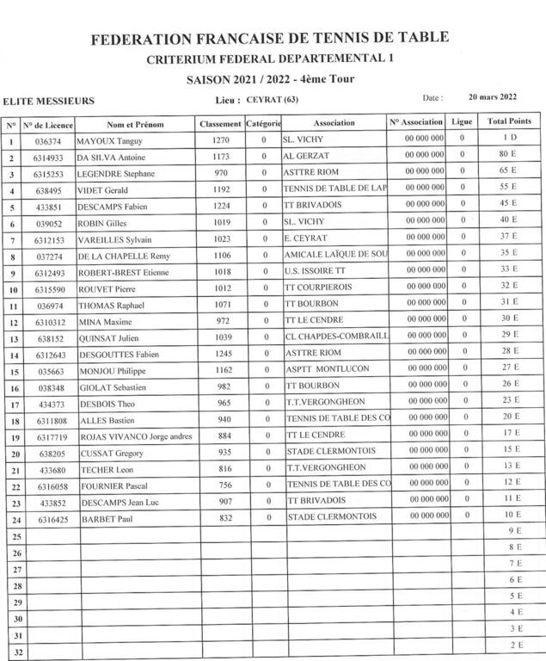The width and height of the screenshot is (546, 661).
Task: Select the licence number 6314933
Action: tap(49, 158)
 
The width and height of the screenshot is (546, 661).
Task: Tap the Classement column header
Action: tap(220, 124)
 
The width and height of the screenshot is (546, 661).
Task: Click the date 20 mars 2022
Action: tap(493, 97)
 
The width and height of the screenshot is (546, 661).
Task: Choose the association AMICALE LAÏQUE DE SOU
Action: tap(336, 256)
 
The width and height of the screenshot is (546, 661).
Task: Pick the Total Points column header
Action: tap(510, 122)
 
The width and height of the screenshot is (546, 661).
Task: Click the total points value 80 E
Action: tap(508, 155)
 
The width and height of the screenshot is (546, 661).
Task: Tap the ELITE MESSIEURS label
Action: tap(49, 101)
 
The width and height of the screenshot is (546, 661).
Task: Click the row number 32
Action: tap(12, 652)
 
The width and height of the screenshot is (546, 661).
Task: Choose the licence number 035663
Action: tap(49, 371)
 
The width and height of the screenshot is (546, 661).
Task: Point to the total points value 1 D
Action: tap(509, 139)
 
